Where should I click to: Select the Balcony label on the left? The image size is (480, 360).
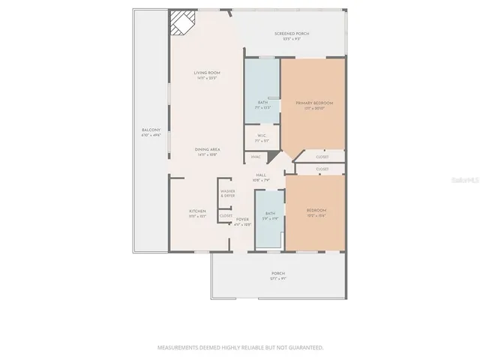pos(151,133)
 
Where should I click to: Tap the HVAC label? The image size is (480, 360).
pos(256,157)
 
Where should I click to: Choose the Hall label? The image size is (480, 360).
pos(262,177)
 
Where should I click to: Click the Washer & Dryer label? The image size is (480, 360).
pos(228,193)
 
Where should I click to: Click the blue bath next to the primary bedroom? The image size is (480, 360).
pos(262,90)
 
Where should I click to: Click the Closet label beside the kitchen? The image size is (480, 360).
pos(226,216)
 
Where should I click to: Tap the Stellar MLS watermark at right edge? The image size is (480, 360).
pos(469,180)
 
